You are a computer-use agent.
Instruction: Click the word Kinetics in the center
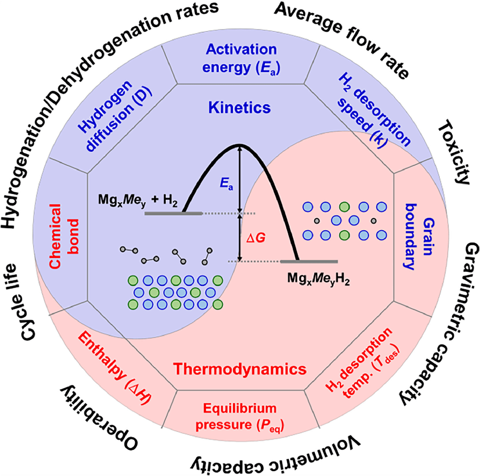(240, 108)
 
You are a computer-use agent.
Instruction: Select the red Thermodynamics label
(240, 369)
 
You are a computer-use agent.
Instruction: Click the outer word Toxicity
(453, 153)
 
